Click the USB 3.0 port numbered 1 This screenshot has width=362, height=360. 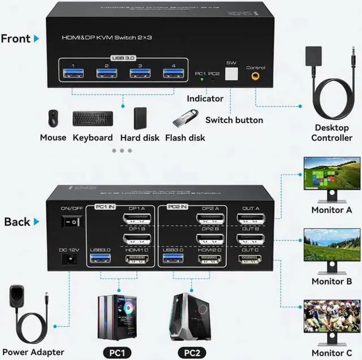tap(71, 72)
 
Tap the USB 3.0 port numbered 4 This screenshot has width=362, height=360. tap(170, 72)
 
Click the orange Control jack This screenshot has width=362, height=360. tap(256, 75)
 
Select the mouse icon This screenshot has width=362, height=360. tap(53, 118)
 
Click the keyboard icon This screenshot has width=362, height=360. tap(93, 118)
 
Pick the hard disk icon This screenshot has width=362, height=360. tap(140, 118)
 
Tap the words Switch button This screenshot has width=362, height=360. tap(234, 120)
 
